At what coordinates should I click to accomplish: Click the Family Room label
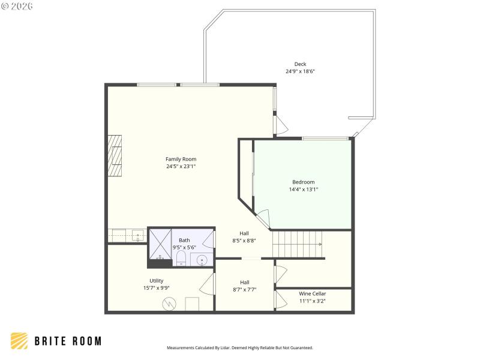[181, 159]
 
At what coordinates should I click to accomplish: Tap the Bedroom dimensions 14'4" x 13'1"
[303, 190]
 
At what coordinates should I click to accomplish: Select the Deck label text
[300, 64]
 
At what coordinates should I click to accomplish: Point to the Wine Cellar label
[312, 293]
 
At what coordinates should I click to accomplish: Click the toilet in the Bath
[181, 258]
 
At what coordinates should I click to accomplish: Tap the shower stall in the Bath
[160, 247]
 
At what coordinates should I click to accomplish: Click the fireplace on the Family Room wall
[115, 155]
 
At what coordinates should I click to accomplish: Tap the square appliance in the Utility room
[192, 304]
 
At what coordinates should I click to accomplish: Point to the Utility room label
[156, 280]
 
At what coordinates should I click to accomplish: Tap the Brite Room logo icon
[19, 341]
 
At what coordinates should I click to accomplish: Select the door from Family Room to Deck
[280, 124]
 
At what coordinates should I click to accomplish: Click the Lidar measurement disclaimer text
[239, 347]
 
